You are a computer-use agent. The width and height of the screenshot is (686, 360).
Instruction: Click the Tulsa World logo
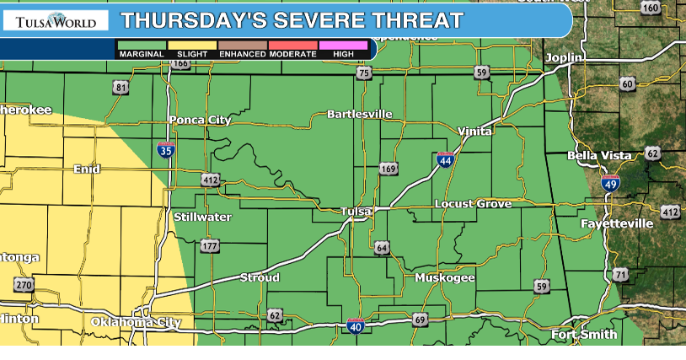pos(51,19)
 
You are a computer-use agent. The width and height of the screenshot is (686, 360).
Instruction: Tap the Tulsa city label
pos(356,212)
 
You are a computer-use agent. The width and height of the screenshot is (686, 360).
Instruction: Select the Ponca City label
pos(200,120)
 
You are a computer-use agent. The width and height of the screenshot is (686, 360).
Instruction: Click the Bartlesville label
pos(360,114)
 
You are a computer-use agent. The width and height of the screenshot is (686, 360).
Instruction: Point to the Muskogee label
pos(444,277)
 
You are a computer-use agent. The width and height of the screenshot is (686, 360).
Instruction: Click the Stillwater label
pos(202,218)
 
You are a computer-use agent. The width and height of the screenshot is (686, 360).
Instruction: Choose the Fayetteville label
pos(617,223)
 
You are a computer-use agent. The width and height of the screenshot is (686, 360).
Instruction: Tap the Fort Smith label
pos(584,335)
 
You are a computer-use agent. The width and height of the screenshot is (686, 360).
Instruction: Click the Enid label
pos(87,169)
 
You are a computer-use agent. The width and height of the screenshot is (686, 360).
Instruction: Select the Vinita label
pos(474,132)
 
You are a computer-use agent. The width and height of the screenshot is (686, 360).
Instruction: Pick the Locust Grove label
pos(473,204)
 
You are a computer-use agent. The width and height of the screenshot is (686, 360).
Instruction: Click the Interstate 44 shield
pos(445,159)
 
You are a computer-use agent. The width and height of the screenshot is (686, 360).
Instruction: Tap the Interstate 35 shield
pos(166,150)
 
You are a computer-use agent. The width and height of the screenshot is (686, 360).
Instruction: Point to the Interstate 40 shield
pos(356,325)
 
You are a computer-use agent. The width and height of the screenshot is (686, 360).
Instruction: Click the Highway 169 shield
pos(388,169)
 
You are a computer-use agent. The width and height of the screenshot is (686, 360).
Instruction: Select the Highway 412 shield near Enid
pos(211,180)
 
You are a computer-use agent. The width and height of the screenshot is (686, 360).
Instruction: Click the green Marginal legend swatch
pos(142,45)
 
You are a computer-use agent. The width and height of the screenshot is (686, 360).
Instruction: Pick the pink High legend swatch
pos(344,45)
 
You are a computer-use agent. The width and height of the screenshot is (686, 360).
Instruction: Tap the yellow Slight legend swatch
pos(192,45)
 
